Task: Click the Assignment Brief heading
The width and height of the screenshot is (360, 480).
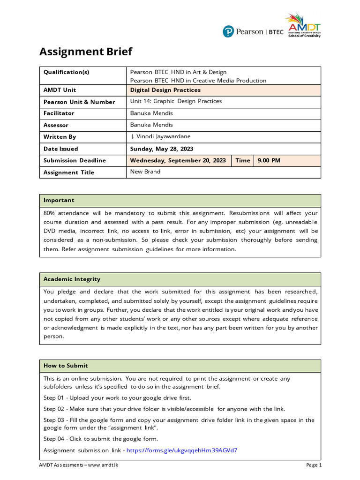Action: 86,52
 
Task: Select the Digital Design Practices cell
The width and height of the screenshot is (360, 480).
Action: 165,90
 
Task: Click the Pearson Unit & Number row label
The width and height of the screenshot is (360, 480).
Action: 79,102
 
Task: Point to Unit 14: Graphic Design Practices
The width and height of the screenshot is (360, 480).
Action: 176,101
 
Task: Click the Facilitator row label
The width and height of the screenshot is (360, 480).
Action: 59,113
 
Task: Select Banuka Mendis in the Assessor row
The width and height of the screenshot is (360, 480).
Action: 151,125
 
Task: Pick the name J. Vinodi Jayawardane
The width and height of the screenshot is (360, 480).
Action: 161,137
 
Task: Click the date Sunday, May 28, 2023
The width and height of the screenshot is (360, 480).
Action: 162,149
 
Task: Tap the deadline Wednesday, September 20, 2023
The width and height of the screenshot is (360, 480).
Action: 178,160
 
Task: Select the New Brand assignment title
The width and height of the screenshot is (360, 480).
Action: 145,172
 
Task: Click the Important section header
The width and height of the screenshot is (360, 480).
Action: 59,200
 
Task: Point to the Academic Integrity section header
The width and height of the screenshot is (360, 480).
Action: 72,279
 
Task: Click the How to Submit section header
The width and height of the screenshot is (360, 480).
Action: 66,366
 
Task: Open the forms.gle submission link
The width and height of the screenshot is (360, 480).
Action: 182,450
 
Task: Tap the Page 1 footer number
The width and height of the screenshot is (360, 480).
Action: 314,465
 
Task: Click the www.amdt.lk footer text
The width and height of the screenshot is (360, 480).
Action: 102,465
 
